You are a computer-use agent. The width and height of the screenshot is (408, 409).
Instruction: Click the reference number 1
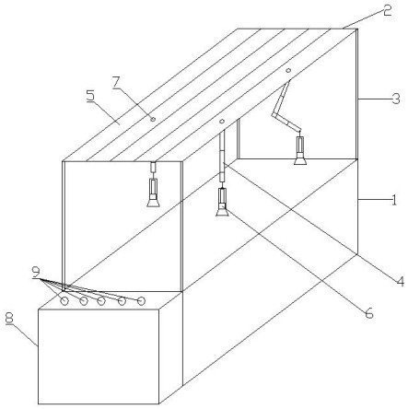394,200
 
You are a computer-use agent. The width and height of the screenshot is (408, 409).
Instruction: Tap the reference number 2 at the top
387,10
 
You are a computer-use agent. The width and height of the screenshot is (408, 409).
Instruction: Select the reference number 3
396,99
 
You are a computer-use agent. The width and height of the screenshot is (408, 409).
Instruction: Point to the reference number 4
400,281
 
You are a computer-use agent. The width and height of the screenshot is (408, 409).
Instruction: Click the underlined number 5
91,96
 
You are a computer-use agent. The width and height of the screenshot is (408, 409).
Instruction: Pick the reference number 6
368,313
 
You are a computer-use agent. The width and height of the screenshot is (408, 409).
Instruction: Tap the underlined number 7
116,82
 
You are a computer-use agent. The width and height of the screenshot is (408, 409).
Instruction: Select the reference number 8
9,318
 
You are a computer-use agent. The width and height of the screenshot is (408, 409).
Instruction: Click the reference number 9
36,272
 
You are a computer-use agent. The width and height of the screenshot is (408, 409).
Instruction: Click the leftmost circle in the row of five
64,301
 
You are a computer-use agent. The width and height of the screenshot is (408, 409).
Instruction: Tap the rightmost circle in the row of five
141,301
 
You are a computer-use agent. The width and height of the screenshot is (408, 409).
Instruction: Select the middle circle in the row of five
101,301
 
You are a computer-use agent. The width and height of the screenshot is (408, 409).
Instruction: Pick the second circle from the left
84,301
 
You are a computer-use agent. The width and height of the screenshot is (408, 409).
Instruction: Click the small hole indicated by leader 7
153,119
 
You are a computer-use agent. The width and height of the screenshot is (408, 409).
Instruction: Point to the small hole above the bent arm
288,70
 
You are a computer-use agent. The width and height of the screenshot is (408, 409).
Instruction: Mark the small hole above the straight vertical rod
222,122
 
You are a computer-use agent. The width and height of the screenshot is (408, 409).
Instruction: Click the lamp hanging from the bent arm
300,150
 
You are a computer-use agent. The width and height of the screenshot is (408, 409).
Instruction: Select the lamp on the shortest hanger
153,193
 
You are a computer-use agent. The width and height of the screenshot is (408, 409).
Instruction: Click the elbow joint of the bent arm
274,115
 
